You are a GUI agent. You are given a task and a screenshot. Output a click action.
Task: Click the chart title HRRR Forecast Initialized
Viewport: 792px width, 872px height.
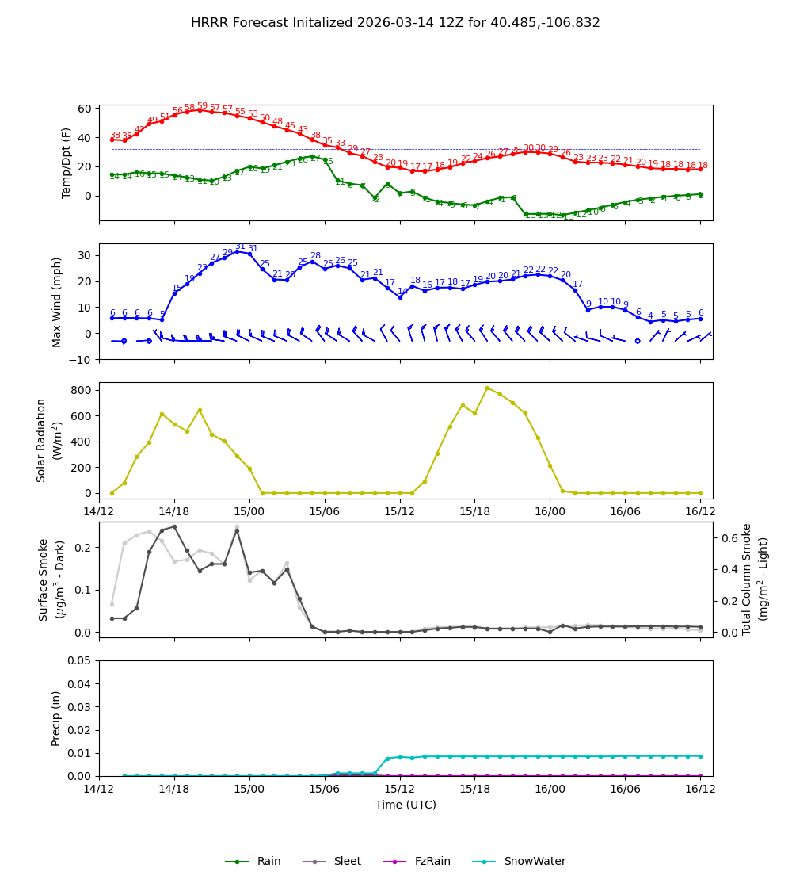coord(395,23)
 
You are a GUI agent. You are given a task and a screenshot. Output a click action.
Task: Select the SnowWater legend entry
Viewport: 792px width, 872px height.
coord(535,862)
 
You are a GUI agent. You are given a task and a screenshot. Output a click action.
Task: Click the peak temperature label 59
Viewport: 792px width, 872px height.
coord(202,106)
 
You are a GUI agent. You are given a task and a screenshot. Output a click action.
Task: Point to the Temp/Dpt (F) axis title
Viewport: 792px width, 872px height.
coord(67,163)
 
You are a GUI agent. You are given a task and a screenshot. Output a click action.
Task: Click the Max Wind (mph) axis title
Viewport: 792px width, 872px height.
coord(57,301)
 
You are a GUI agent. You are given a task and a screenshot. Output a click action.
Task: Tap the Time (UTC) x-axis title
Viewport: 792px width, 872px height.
coord(406,805)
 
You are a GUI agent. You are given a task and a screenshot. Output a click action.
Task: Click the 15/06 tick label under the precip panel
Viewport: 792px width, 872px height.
coord(324,790)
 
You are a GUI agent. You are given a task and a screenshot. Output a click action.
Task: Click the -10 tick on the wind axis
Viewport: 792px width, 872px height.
coord(78,359)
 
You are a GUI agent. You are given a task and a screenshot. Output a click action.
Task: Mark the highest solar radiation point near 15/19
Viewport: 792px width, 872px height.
coord(487,388)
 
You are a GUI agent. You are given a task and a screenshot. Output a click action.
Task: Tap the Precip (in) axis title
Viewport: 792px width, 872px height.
coord(57,717)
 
